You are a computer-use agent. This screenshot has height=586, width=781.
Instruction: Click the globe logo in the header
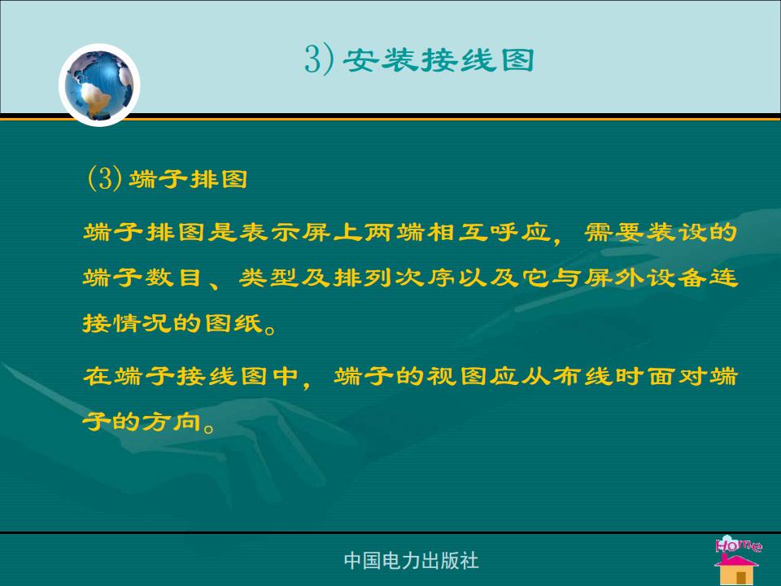[99, 85]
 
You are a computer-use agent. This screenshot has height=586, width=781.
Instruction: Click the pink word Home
[739, 544]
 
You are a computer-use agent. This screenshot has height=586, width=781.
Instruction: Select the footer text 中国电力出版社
[412, 561]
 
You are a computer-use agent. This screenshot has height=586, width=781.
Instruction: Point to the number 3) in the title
[319, 59]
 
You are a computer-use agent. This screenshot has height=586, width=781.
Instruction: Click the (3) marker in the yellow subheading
[104, 178]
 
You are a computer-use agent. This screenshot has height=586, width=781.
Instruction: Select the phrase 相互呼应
[489, 232]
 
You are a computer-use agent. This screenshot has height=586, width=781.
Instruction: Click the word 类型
[269, 278]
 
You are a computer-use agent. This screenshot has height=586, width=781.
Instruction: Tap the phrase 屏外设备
[645, 278]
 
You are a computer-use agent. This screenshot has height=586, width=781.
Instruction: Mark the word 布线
[582, 376]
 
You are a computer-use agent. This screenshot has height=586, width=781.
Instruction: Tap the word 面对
[676, 376]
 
